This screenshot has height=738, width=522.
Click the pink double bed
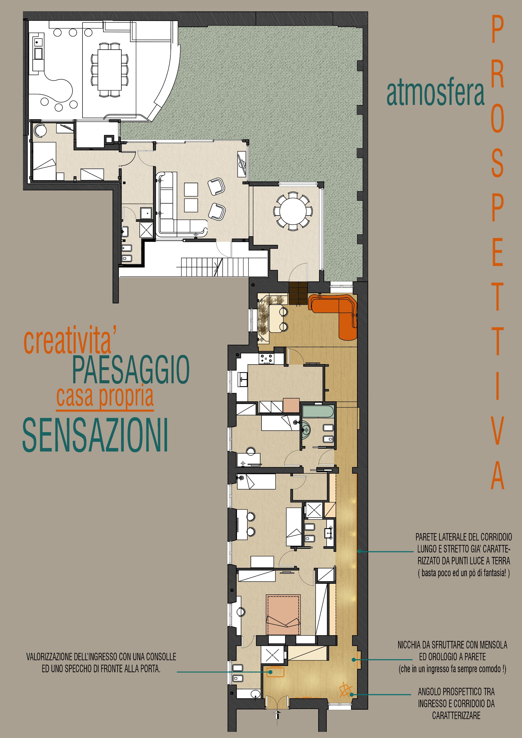tap(283, 614)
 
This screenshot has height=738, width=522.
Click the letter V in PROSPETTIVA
tap(497, 430)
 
